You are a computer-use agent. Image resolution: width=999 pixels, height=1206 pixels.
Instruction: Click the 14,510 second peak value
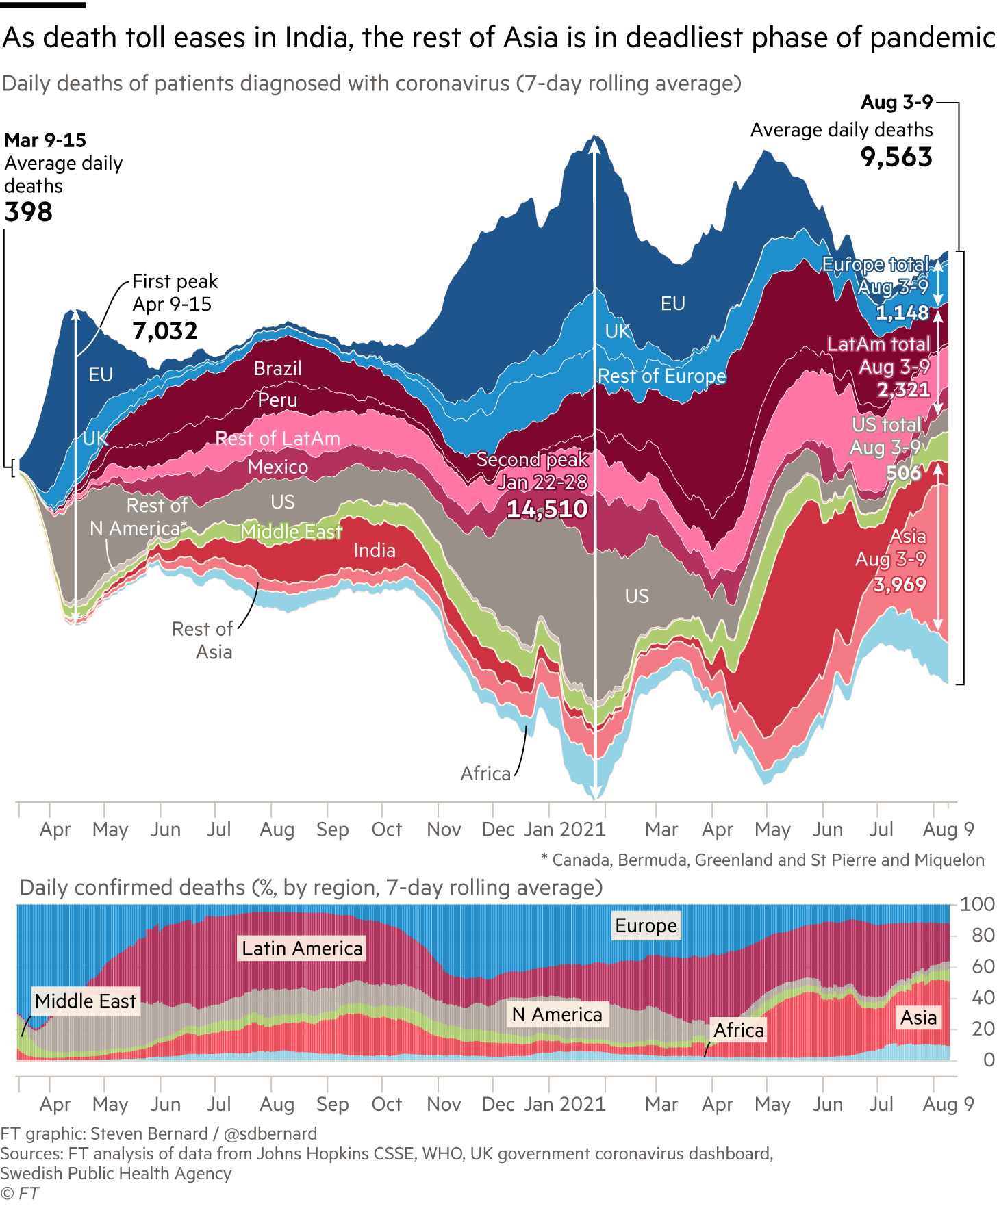tap(547, 509)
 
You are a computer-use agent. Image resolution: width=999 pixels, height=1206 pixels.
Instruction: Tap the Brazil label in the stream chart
tap(277, 369)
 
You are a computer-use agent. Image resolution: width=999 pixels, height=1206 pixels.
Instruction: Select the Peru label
tap(277, 400)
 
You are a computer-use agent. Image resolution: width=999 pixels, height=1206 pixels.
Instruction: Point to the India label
tap(375, 551)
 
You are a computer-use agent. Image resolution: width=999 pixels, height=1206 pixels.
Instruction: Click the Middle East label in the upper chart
tap(291, 532)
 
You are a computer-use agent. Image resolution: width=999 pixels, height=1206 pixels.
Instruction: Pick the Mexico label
tap(277, 467)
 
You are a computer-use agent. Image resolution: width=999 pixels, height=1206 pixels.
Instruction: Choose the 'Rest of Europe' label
tap(661, 376)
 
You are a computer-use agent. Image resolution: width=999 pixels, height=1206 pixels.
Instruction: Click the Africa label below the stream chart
tap(485, 774)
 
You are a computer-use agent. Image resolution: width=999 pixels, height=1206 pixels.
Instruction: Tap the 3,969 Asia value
tap(900, 585)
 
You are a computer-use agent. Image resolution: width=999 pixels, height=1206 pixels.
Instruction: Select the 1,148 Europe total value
tap(902, 313)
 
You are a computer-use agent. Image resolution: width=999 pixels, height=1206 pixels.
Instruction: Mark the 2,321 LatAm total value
tap(904, 390)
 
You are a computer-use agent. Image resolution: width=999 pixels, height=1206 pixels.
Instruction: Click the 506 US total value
tap(903, 473)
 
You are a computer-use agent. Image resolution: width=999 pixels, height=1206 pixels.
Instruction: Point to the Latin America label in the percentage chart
tap(302, 949)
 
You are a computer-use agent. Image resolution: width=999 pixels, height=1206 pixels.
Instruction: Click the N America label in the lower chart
tap(557, 1014)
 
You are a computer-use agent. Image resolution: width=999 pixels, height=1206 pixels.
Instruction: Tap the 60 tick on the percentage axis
tap(983, 966)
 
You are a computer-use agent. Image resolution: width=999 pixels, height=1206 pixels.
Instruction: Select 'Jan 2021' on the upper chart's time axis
tap(565, 830)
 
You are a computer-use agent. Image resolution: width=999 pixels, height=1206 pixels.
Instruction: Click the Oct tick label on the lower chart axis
tap(386, 1104)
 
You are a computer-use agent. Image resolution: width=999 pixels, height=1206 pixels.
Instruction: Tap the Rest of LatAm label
tap(277, 439)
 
